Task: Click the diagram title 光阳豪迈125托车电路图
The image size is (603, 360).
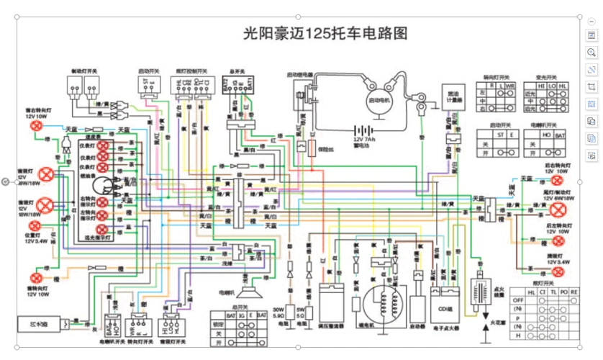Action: pyautogui.click(x=326, y=34)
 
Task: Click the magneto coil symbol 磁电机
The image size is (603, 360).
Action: pyautogui.click(x=377, y=302)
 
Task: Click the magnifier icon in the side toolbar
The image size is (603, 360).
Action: pyautogui.click(x=591, y=53)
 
